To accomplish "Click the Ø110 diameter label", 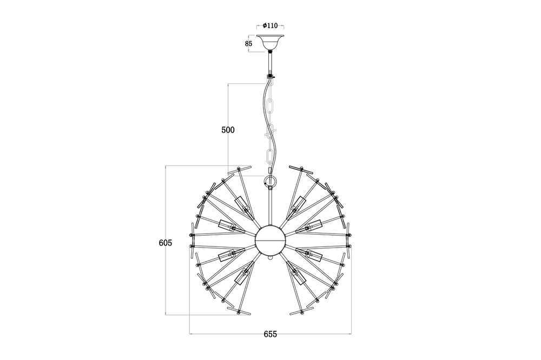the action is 270,25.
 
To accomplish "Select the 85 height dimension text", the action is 248,43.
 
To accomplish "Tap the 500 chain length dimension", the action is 228,130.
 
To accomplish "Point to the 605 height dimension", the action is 165,243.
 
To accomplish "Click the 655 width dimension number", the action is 270,334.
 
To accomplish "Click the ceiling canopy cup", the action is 270,43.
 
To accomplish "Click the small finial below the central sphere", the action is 270,258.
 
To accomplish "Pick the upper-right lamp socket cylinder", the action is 298,205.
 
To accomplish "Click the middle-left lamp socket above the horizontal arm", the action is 227,225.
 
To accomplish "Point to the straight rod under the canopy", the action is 270,63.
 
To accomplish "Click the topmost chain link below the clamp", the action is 270,84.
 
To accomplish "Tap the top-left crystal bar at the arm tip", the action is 240,170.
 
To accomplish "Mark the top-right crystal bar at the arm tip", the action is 301,170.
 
